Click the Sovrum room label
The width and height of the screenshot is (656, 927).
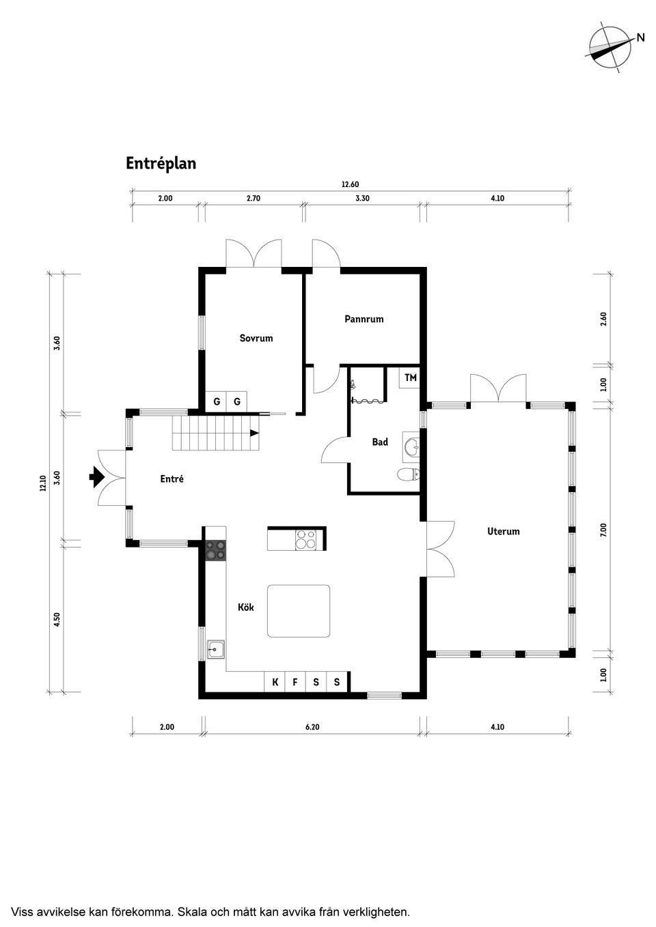pyautogui.click(x=256, y=338)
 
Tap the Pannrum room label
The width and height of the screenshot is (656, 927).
pyautogui.click(x=364, y=319)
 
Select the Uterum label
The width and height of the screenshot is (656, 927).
pyautogui.click(x=503, y=531)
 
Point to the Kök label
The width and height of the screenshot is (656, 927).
pyautogui.click(x=245, y=607)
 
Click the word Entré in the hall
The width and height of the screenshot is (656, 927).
pyautogui.click(x=172, y=479)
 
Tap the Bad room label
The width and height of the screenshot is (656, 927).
pyautogui.click(x=380, y=442)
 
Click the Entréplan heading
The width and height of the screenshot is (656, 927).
pyautogui.click(x=161, y=163)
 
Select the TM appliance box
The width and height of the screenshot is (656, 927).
pyautogui.click(x=409, y=377)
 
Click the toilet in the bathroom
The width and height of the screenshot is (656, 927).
pyautogui.click(x=409, y=474)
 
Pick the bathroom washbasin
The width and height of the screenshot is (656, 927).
pyautogui.click(x=411, y=447)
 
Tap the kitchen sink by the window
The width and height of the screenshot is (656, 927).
pyautogui.click(x=216, y=650)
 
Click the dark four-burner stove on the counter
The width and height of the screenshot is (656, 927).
pyautogui.click(x=216, y=550)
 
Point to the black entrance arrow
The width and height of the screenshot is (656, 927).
pyautogui.click(x=96, y=476)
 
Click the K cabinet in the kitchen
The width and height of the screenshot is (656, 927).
pyautogui.click(x=275, y=682)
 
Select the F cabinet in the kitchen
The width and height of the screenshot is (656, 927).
pyautogui.click(x=295, y=682)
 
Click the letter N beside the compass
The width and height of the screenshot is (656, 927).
pyautogui.click(x=641, y=38)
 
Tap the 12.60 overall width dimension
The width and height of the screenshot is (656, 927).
pyautogui.click(x=350, y=184)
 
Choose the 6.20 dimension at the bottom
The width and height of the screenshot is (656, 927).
pyautogui.click(x=312, y=727)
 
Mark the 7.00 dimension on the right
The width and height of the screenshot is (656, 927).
pyautogui.click(x=603, y=530)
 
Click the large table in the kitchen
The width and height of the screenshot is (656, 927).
pyautogui.click(x=299, y=611)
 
